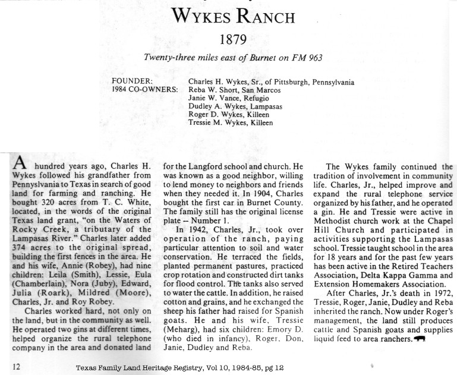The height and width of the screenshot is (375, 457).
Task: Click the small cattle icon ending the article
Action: [x=421, y=339]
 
